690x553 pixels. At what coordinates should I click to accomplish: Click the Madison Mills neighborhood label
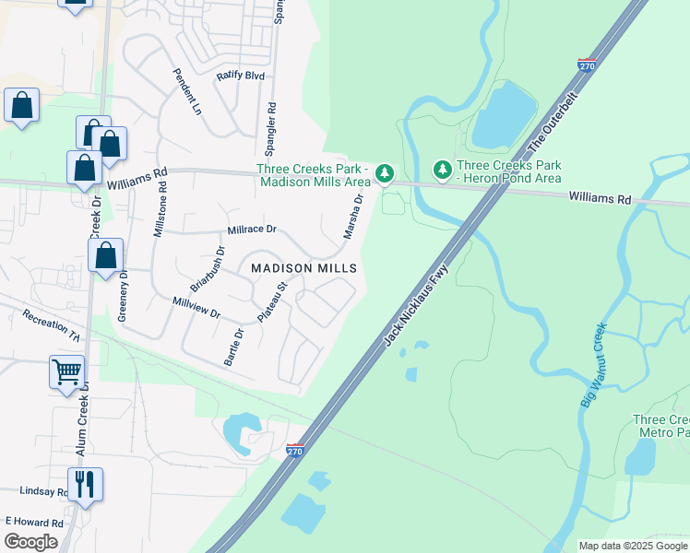(303, 267)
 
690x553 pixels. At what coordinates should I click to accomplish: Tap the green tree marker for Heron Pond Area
(443, 171)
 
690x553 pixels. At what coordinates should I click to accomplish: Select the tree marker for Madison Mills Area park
(385, 172)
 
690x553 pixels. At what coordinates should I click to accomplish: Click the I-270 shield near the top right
(587, 66)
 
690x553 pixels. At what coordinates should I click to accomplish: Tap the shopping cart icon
(66, 372)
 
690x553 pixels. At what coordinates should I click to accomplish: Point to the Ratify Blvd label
(240, 76)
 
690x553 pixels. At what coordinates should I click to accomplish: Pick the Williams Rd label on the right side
(600, 197)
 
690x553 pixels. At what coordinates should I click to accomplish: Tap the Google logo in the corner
(30, 542)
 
